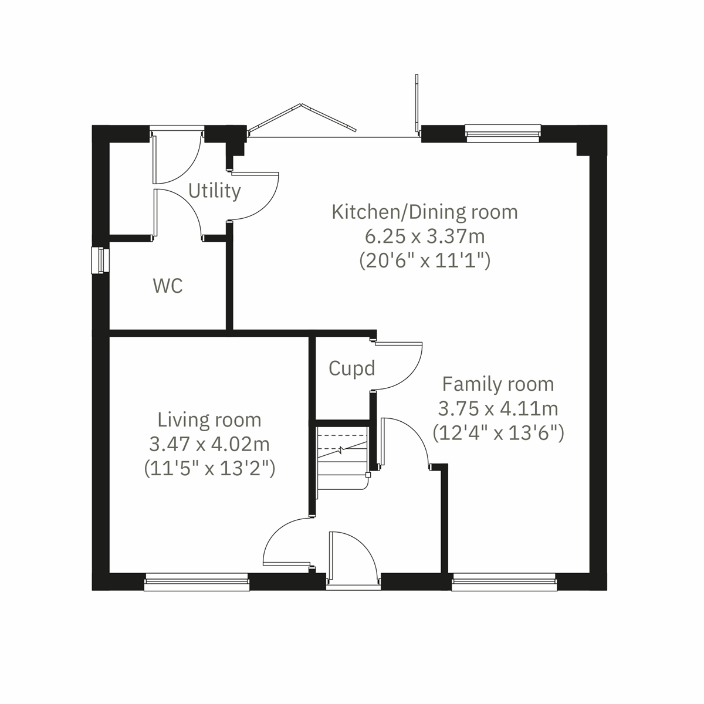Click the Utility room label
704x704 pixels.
point(215,191)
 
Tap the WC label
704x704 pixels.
point(168,286)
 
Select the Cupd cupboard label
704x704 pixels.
point(351,368)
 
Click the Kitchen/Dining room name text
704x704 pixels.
point(425,212)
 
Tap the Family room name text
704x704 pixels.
point(498,384)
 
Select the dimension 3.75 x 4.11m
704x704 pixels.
point(498,408)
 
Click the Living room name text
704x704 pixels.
point(209,420)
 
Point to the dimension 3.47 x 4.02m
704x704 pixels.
point(209,444)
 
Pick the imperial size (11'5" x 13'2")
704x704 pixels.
point(209,468)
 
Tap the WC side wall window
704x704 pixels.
point(100,260)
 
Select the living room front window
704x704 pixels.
point(197,581)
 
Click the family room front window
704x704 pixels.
point(504,581)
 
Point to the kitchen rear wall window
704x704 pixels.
point(503,133)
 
